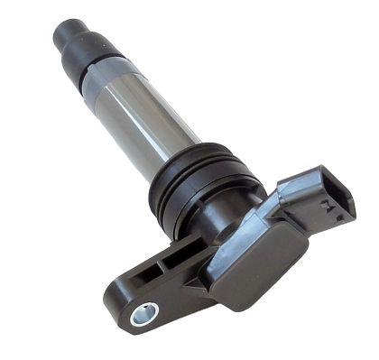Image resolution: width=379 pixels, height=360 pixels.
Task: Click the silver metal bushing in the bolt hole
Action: [143, 313]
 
